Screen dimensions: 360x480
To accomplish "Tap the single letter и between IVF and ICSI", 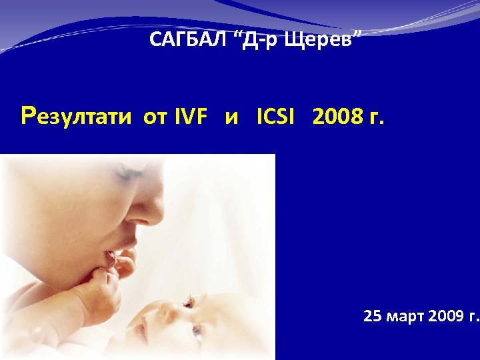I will (233, 119).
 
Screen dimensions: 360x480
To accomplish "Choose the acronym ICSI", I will (275, 118).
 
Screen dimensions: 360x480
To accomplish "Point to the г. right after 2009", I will (473, 317).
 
